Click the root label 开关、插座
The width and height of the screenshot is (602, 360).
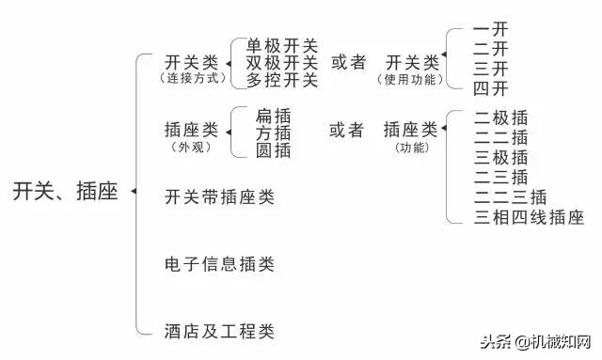coord(65,193)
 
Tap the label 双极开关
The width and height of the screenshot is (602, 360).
coord(282,63)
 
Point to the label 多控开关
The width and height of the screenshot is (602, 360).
coord(282,80)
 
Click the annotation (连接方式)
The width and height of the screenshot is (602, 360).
coord(194,80)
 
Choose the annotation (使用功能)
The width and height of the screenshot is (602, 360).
coord(412,80)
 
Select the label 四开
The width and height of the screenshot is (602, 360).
coord(491,88)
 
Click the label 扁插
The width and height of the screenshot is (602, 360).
coord(273,115)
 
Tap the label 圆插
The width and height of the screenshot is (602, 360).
coord(273,149)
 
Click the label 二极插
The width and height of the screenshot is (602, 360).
coord(501,118)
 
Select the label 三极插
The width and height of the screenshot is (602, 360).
coord(501,158)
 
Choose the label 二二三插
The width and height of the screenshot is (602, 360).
coord(511,197)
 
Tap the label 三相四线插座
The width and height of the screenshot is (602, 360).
coord(530,218)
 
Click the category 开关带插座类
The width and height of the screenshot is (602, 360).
coord(219,197)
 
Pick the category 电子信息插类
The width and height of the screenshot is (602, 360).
coord(219,264)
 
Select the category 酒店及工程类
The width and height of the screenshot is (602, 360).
coord(219,331)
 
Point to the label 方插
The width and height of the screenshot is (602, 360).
coord(273,133)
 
